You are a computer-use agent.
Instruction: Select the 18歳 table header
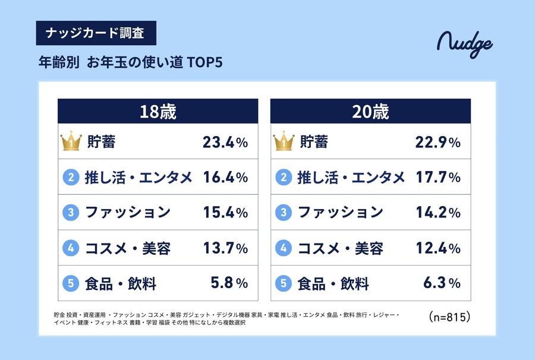pyautogui.click(x=158, y=111)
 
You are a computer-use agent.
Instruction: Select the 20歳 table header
pyautogui.click(x=370, y=111)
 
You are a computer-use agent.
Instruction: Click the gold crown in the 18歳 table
pyautogui.click(x=70, y=142)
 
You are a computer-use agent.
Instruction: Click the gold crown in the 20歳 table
pyautogui.click(x=284, y=142)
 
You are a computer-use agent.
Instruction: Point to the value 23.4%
pyautogui.click(x=225, y=142)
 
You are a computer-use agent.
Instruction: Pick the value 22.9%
pyautogui.click(x=438, y=142)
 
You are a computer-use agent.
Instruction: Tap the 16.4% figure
pyautogui.click(x=225, y=177)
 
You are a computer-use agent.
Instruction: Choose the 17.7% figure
pyautogui.click(x=438, y=177)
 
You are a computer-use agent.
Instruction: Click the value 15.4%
pyautogui.click(x=225, y=212)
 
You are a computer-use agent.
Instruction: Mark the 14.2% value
pyautogui.click(x=438, y=212)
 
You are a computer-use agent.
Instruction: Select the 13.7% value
pyautogui.click(x=225, y=248)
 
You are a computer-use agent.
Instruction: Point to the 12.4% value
pyautogui.click(x=438, y=248)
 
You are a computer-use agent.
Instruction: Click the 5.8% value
pyautogui.click(x=229, y=283)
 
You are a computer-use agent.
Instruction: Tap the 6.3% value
pyautogui.click(x=442, y=283)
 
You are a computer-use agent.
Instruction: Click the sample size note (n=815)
pyautogui.click(x=449, y=317)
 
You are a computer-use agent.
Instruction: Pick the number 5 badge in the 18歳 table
pyautogui.click(x=70, y=283)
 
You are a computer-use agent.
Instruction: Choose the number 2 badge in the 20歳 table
pyautogui.click(x=284, y=177)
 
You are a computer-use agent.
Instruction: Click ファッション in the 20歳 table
pyautogui.click(x=341, y=212)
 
